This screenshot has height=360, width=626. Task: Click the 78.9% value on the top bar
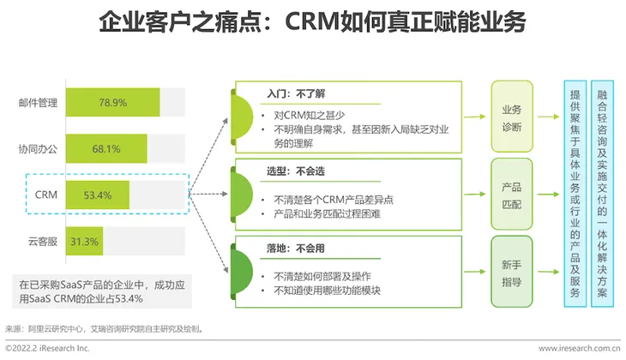[112, 102]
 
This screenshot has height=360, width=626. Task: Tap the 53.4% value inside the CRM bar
[99, 195]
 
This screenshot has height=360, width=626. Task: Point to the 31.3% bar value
[85, 242]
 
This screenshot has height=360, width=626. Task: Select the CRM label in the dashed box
[46, 195]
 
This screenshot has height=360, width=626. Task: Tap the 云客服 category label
[43, 242]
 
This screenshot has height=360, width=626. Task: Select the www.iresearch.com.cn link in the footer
[578, 349]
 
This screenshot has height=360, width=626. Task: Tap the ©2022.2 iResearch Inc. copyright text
[47, 349]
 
